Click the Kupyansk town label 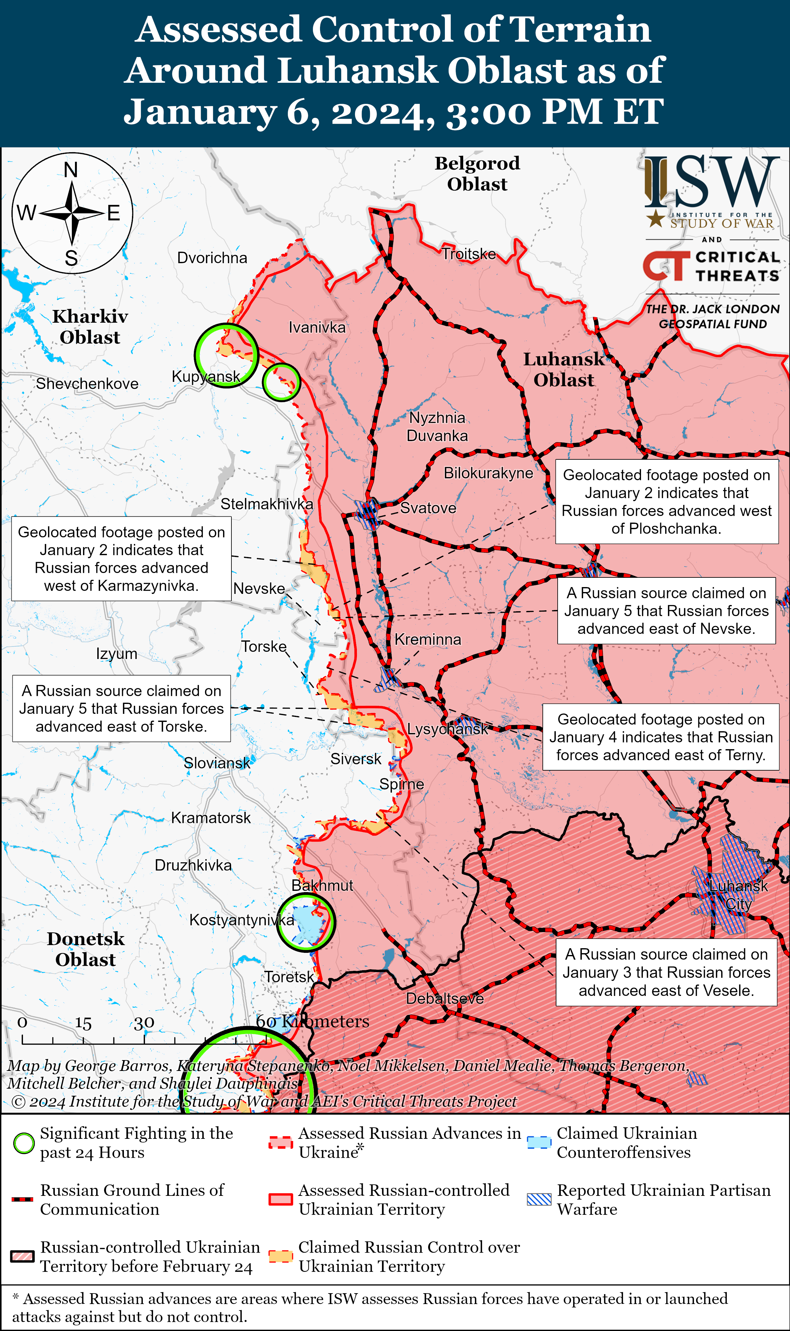(x=205, y=377)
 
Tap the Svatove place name (x=428, y=508)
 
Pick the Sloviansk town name (x=217, y=763)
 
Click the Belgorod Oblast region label (x=477, y=173)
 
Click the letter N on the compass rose (x=71, y=170)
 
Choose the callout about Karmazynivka (x=121, y=558)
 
